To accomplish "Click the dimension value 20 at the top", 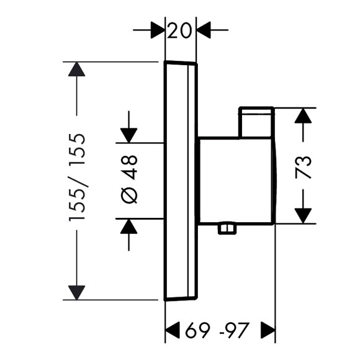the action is [x=179, y=30].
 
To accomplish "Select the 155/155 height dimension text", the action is [x=77, y=178].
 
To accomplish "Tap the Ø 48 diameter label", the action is [x=129, y=179].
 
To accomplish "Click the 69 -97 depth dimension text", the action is [x=217, y=331].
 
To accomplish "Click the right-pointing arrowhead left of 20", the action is [x=158, y=30].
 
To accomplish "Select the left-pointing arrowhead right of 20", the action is [x=204, y=30].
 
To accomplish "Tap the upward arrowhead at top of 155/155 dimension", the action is [x=77, y=69].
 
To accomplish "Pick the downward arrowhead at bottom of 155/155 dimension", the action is [x=77, y=292].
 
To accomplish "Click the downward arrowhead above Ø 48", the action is [x=129, y=135].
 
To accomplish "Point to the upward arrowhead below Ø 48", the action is [x=129, y=227].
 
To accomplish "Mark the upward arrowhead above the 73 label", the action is [x=303, y=115].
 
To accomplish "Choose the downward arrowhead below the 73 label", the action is [x=303, y=216].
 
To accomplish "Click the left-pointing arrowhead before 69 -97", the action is [x=173, y=330].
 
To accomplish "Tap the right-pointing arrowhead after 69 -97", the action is [x=268, y=330].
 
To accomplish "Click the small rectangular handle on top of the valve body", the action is [x=256, y=122].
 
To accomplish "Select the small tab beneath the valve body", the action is [x=227, y=228].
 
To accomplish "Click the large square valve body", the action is [x=237, y=180].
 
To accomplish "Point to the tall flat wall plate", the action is [x=181, y=181].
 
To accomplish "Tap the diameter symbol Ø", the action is [x=129, y=195].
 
